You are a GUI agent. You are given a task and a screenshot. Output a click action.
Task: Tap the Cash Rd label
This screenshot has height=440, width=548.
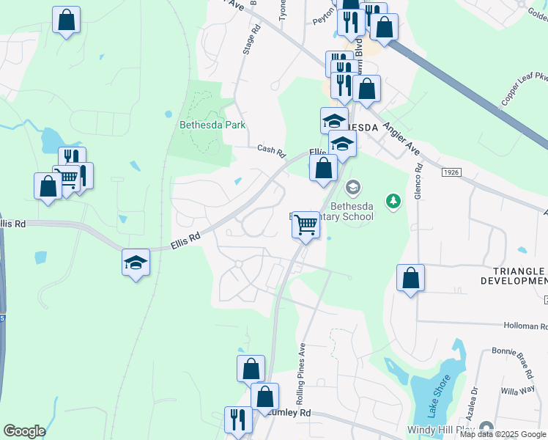pyautogui.click(x=270, y=150)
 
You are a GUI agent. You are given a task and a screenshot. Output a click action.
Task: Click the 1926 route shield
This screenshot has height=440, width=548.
pyautogui.click(x=451, y=172)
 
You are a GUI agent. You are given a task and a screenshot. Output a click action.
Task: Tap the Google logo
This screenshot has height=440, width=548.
pyautogui.click(x=24, y=431)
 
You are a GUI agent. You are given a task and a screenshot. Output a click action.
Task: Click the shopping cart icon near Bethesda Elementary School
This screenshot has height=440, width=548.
pyautogui.click(x=306, y=224)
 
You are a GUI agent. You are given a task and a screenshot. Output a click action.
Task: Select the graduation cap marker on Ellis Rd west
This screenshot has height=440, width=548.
pyautogui.click(x=136, y=263)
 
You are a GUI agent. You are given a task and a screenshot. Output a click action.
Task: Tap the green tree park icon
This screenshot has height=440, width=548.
pyautogui.click(x=393, y=200)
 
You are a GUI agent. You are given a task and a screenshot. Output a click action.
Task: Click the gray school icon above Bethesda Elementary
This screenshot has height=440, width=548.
pyautogui.click(x=353, y=188)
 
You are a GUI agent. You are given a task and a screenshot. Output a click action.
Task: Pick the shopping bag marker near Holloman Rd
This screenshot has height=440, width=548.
pyautogui.click(x=410, y=278)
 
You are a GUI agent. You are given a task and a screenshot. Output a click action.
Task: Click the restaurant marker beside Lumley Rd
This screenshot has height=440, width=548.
pyautogui.click(x=237, y=420)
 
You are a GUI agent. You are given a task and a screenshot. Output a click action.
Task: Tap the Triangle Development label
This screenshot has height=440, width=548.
pyautogui.click(x=514, y=276)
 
